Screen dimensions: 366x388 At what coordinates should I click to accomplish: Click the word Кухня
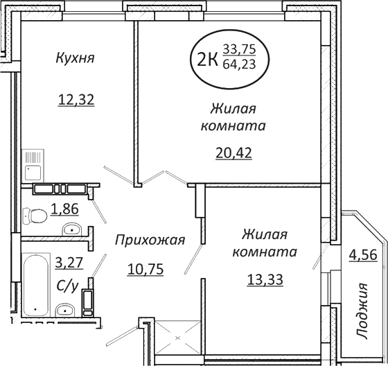coord(74,59)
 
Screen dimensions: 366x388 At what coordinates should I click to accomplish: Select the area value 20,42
coord(233,152)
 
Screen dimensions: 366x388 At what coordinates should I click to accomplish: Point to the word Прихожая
coord(150,241)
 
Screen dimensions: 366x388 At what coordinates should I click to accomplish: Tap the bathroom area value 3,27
coord(67,263)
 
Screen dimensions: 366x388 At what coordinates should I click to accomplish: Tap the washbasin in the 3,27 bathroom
coord(65,309)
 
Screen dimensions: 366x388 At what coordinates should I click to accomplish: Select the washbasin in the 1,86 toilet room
coord(71,229)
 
